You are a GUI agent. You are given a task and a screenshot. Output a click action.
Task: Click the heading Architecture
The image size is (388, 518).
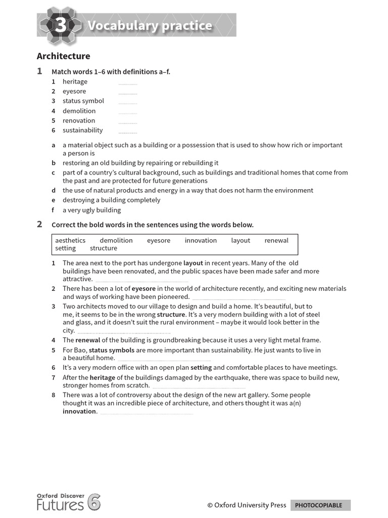click(x=64, y=56)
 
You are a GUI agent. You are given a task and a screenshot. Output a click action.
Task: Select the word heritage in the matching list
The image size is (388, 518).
click(x=75, y=81)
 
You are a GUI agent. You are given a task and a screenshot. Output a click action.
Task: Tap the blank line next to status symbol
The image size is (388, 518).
click(x=128, y=103)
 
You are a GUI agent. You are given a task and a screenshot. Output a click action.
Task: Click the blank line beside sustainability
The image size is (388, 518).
click(x=128, y=133)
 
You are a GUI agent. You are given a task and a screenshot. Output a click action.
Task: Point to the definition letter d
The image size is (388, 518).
click(x=53, y=190)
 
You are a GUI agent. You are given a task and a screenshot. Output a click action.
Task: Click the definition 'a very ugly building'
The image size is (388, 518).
click(x=91, y=210)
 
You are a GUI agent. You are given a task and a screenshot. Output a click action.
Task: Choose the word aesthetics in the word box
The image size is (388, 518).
click(x=70, y=240)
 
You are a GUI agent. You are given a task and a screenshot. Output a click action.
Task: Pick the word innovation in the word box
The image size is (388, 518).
click(x=201, y=240)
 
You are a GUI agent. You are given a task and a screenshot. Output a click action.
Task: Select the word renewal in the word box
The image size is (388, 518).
click(x=276, y=240)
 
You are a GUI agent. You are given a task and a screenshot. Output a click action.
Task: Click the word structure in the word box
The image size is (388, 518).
click(x=103, y=248)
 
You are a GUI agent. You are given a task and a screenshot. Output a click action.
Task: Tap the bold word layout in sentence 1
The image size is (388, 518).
click(x=193, y=263)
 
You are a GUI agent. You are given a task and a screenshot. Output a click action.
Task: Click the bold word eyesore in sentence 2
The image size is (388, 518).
click(x=143, y=288)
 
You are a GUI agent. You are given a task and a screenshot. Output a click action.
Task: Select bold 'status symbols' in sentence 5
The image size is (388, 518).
click(x=112, y=350)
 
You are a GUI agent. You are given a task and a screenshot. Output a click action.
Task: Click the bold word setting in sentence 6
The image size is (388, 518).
click(x=201, y=368)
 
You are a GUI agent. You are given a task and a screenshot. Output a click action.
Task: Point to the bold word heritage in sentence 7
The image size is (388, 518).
click(x=103, y=377)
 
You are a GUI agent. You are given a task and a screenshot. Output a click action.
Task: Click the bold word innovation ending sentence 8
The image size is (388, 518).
click(x=79, y=411)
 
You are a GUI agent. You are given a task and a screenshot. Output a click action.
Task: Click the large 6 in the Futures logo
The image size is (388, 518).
click(x=94, y=502)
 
